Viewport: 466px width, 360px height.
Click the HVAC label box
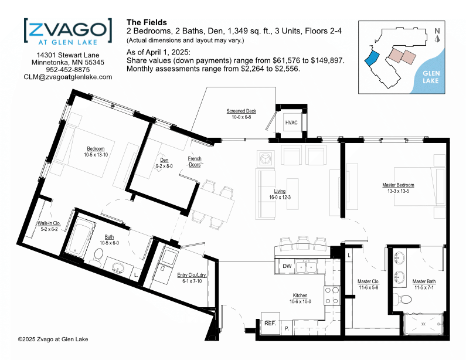coord(291,122)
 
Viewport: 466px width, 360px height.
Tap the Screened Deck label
coord(241,111)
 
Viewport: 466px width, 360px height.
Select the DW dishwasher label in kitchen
coord(287,266)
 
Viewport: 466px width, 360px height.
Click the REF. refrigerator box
coord(270,324)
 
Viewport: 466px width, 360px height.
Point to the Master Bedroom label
coord(398,185)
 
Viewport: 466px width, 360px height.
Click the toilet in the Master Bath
coord(402,299)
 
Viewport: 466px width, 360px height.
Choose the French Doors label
coord(195,161)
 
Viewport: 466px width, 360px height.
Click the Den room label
coord(164,160)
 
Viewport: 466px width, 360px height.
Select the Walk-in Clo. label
coord(49,223)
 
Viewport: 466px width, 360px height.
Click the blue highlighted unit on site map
coord(372,58)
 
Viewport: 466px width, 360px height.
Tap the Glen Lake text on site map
coord(431,77)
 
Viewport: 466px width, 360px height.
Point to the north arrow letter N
coord(437,31)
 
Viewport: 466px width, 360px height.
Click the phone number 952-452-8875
coord(68,70)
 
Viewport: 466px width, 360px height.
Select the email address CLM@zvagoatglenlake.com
coord(68,77)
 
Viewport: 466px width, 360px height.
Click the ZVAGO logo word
coord(68,29)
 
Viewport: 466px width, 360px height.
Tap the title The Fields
coord(147,22)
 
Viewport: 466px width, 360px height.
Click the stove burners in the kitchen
coord(332,296)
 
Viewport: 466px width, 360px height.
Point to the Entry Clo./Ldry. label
coord(192,275)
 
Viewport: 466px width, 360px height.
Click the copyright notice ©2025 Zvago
coord(53,339)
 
